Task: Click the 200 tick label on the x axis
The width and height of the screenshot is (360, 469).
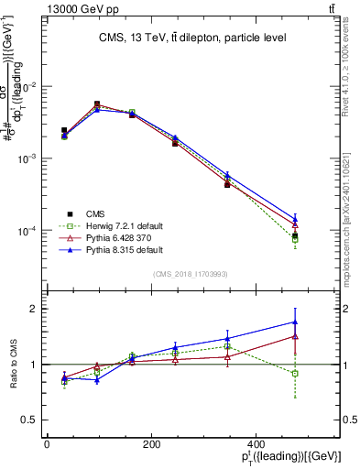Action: pos(169,443)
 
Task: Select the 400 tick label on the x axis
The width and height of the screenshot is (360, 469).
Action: pos(290,443)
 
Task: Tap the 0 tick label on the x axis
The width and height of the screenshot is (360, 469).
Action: pos(47,443)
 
